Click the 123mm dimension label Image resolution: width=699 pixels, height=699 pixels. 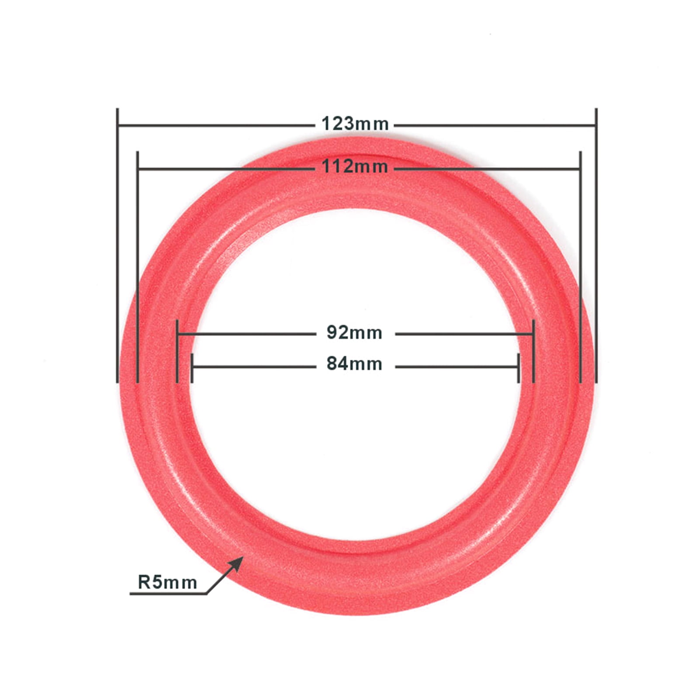tap(355, 124)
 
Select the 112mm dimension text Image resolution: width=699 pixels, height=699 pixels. tap(355, 167)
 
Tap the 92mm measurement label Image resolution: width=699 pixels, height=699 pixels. tap(354, 333)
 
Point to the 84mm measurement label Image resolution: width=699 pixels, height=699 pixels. tap(354, 364)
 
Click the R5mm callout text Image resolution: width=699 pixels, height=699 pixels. tap(167, 582)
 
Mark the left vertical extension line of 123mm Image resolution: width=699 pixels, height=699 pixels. tap(118, 245)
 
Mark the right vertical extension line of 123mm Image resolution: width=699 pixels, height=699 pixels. tap(596, 245)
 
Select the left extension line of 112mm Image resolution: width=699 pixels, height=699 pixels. tap(138, 266)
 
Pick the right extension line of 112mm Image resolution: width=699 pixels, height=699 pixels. tap(581, 266)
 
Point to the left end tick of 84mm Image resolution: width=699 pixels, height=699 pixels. tap(192, 368)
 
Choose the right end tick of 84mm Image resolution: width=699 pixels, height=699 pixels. tap(519, 368)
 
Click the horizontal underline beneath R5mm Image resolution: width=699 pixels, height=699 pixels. tap(168, 594)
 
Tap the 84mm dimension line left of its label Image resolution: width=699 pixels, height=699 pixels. tap(253, 367)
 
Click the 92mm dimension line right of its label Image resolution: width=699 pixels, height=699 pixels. tap(463, 334)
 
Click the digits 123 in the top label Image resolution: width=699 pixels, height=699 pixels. tap(337, 124)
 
